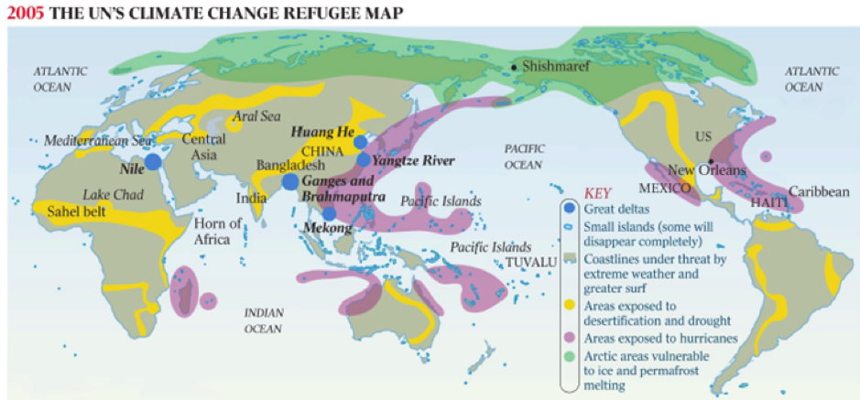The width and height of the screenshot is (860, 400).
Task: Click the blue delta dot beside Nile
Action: (x=153, y=161)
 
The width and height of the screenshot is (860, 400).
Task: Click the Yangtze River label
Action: (x=414, y=159)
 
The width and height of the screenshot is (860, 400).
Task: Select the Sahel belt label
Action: (x=75, y=211)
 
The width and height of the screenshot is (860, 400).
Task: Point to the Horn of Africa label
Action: (x=219, y=232)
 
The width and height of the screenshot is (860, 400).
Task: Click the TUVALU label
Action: (x=531, y=263)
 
